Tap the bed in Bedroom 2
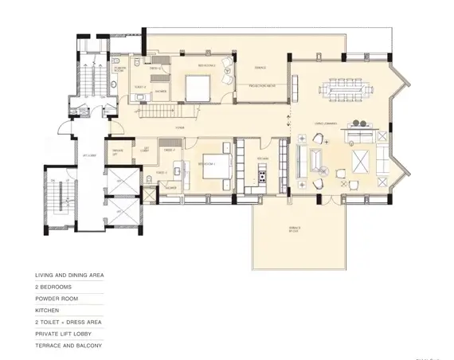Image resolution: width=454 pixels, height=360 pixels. [197, 84]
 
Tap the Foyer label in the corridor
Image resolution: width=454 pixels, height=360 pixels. [182, 128]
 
